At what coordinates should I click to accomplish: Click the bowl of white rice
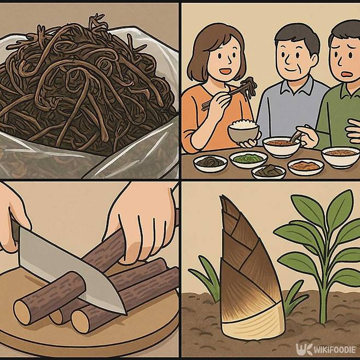[x=243, y=131]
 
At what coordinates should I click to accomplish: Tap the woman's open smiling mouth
[x=225, y=71]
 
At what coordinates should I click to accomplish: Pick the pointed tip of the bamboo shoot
[x=221, y=196]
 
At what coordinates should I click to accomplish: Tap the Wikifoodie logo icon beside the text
[x=304, y=350]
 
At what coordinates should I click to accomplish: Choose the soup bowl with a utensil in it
[x=281, y=146]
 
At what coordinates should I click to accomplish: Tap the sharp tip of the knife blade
[x=126, y=313]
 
